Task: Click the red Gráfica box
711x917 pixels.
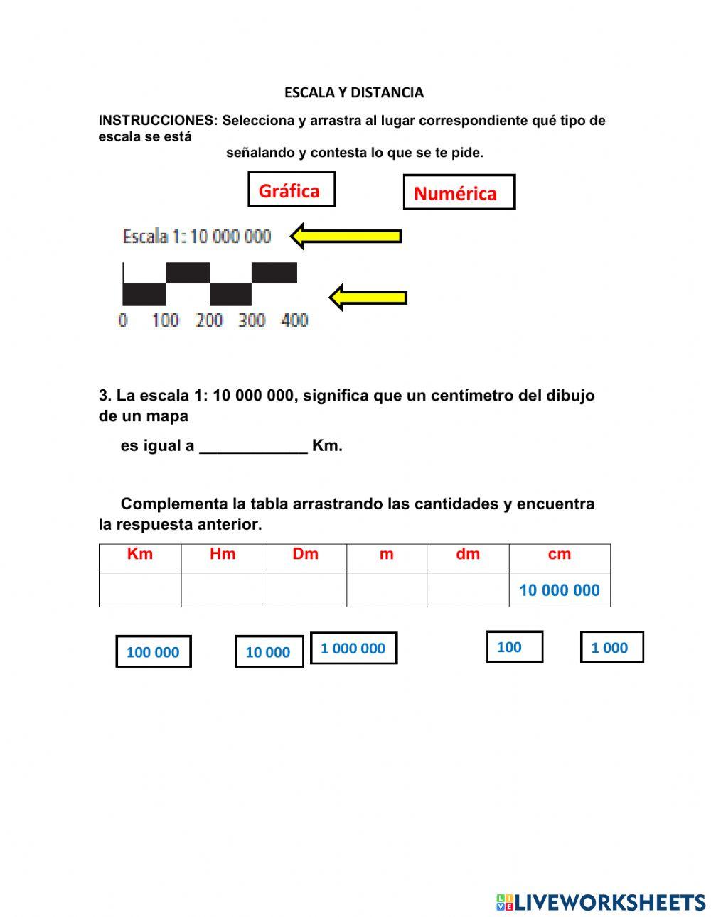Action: click(x=291, y=190)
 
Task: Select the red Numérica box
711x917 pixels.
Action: click(x=459, y=192)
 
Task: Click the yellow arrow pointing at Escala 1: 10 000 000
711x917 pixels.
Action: click(x=346, y=236)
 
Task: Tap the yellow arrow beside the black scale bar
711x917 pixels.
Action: click(x=368, y=297)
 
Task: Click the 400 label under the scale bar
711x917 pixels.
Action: click(x=294, y=320)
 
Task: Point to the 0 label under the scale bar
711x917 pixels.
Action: click(x=123, y=320)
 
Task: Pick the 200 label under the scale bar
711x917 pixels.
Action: click(x=209, y=320)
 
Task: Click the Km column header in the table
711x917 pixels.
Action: click(x=140, y=555)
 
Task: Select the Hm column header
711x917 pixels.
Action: click(x=223, y=555)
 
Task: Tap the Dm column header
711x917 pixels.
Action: click(x=305, y=555)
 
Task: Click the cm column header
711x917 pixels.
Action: click(x=560, y=555)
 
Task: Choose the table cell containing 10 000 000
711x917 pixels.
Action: click(x=560, y=590)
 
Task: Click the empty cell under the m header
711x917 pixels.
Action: click(x=387, y=590)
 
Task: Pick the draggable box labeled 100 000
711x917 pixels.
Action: click(x=154, y=652)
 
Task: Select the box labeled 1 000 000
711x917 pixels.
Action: click(x=353, y=649)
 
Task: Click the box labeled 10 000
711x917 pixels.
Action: click(x=269, y=652)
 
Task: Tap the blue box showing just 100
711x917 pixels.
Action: click(x=514, y=647)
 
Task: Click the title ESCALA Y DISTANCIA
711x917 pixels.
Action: click(x=354, y=92)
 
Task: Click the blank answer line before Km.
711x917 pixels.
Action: click(x=253, y=447)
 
